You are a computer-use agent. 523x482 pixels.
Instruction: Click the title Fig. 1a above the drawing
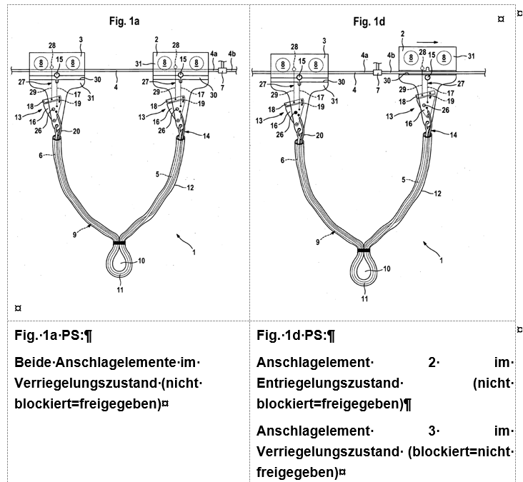coord(124,21)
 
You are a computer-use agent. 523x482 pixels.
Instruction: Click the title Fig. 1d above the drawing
coord(369,22)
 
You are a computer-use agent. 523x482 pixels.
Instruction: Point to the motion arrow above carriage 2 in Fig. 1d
coord(427,42)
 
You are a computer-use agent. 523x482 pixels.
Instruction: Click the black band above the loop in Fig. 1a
coord(119,243)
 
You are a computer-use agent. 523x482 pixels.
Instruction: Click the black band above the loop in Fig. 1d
coord(364,250)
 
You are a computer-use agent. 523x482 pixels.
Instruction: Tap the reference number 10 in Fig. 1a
coord(141,261)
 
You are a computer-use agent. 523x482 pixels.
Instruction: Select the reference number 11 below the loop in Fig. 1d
coord(364,298)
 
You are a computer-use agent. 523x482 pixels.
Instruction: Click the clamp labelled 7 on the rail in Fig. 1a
coord(221,70)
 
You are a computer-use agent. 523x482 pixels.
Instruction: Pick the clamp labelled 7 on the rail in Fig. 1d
coord(377,72)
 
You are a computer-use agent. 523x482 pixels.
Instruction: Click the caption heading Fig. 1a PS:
coord(53,335)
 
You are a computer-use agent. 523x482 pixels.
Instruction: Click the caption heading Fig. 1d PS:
coord(296,335)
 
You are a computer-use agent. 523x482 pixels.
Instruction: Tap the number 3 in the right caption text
coord(432,431)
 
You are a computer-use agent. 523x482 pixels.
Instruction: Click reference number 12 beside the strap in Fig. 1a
coord(190,188)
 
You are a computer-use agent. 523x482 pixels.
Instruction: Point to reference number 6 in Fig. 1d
coord(282,161)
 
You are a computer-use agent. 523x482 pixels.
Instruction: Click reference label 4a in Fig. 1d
coord(364,55)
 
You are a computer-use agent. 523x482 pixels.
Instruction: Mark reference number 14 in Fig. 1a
coord(206,136)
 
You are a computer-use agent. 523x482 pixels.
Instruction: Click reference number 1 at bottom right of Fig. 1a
coord(194,252)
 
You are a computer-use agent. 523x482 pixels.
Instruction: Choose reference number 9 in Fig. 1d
coord(317,242)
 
